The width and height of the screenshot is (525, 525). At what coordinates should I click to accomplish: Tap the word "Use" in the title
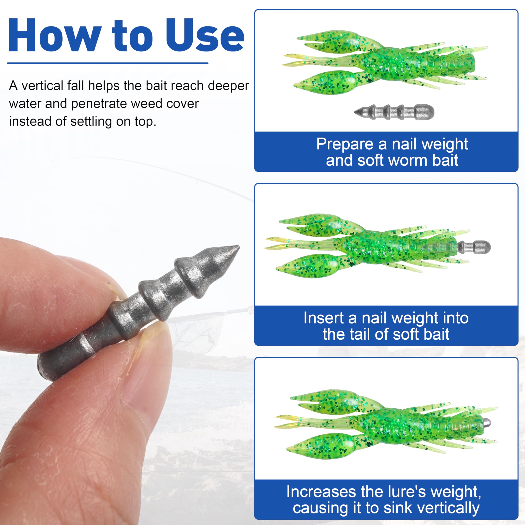205,35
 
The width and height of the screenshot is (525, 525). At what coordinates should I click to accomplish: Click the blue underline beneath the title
108,63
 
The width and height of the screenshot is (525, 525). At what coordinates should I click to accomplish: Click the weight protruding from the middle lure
474,247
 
